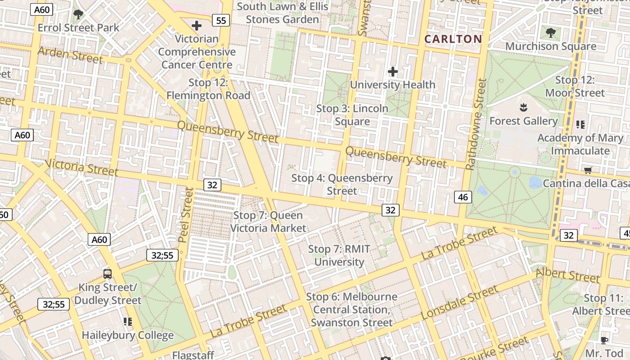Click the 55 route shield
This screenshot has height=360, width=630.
221,20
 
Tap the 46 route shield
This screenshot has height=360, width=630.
463,197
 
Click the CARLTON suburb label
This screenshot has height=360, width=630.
453,39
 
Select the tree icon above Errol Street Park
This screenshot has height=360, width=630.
78,14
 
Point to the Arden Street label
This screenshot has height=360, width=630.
71,55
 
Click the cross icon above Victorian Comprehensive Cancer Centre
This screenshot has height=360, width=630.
197,26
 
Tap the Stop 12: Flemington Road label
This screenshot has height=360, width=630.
208,89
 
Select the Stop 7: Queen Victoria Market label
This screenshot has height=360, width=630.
268,222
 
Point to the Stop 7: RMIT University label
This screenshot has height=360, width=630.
339,256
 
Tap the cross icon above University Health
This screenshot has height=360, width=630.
393,71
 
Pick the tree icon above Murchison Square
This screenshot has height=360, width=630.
550,33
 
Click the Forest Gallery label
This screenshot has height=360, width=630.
523,121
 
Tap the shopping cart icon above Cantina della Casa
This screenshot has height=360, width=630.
588,170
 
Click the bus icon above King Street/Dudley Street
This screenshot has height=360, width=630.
108,274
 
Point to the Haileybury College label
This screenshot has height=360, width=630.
128,335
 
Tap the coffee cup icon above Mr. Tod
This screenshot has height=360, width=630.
604,340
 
